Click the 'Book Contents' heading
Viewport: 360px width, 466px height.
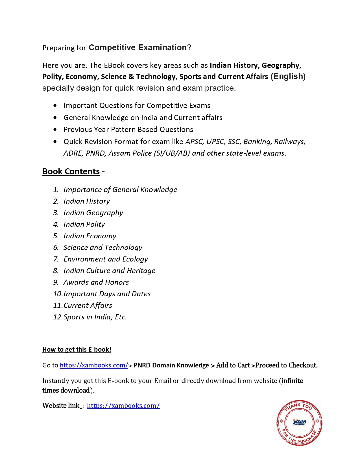pyautogui.click(x=71, y=171)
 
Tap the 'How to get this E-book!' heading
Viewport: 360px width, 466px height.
pyautogui.click(x=77, y=349)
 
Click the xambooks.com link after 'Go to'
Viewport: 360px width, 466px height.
pyautogui.click(x=94, y=365)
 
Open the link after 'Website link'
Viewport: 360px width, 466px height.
pyautogui.click(x=123, y=406)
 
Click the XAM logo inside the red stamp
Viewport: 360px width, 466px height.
pyautogui.click(x=300, y=422)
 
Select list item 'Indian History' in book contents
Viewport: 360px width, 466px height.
pyautogui.click(x=87, y=201)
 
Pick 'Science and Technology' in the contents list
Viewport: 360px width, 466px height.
pyautogui.click(x=103, y=247)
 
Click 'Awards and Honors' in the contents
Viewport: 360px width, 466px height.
pyautogui.click(x=96, y=282)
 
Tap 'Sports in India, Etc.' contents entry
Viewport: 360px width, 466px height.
pyautogui.click(x=95, y=317)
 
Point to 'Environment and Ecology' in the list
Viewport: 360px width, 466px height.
pyautogui.click(x=106, y=259)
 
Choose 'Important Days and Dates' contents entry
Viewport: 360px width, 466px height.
pyautogui.click(x=107, y=294)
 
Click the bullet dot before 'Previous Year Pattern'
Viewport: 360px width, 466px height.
pyautogui.click(x=55, y=129)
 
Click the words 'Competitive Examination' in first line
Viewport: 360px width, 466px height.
pyautogui.click(x=138, y=47)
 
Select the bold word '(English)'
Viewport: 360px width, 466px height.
pyautogui.click(x=288, y=76)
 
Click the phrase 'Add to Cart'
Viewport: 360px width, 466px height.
pyautogui.click(x=233, y=365)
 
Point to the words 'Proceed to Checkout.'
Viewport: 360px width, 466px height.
pyautogui.click(x=286, y=365)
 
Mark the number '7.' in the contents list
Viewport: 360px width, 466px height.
pyautogui.click(x=56, y=259)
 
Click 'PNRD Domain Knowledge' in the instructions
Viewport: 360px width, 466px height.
pyautogui.click(x=171, y=365)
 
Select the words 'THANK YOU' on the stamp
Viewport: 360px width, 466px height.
pyautogui.click(x=298, y=407)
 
